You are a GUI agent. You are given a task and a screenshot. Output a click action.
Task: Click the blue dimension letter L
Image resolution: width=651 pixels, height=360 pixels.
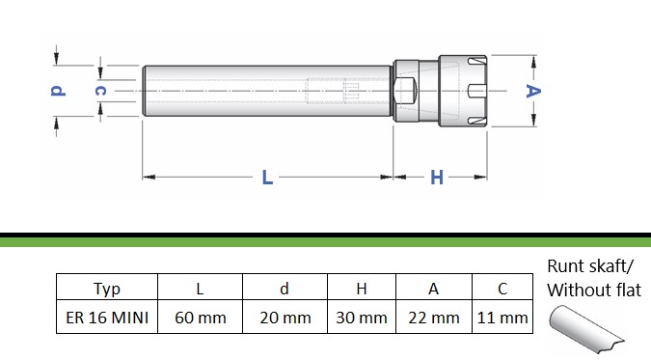[x=267, y=178]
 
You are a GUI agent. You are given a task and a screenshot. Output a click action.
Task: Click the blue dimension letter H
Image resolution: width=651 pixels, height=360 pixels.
[x=436, y=178]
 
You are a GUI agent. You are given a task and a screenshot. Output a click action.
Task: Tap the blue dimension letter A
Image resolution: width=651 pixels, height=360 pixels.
[x=533, y=91]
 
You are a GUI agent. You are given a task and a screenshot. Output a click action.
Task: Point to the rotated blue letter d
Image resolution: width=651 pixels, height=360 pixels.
[x=58, y=91]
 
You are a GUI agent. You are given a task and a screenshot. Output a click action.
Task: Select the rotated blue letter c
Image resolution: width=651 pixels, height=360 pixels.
[x=100, y=91]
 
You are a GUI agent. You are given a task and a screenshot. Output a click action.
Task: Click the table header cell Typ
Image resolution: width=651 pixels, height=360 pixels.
[x=107, y=288]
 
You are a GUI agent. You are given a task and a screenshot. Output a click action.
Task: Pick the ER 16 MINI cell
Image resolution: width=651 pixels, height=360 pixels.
[x=107, y=318]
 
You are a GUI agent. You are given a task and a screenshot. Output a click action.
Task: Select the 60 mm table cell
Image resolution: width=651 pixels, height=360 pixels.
[x=200, y=318]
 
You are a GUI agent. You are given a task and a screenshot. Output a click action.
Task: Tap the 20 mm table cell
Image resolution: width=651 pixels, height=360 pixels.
[x=285, y=318]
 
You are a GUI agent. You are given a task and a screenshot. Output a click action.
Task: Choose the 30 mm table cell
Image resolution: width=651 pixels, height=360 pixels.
[x=362, y=318]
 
